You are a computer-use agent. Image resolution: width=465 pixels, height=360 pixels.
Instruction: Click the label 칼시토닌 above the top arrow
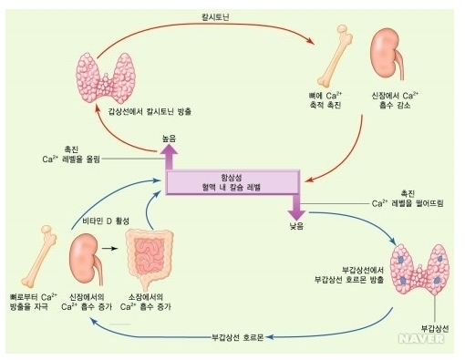(x=216, y=17)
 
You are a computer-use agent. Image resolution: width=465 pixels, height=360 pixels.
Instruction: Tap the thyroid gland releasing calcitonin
(x=106, y=78)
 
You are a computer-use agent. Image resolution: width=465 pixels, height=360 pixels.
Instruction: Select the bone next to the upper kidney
(x=335, y=57)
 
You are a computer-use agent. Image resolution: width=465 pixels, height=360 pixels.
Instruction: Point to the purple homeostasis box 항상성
(x=232, y=182)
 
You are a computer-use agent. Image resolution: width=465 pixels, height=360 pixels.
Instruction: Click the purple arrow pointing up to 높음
(x=169, y=157)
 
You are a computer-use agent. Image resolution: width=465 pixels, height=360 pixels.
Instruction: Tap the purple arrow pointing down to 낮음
(x=296, y=208)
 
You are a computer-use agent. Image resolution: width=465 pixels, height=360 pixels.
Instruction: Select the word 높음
(x=169, y=139)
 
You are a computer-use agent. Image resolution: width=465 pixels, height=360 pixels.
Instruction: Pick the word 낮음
(x=296, y=226)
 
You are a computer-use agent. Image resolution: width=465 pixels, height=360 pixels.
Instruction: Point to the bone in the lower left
(x=38, y=256)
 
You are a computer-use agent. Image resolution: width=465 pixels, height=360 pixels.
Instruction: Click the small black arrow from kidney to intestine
(x=109, y=249)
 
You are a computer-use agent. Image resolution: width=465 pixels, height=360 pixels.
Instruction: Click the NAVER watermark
(x=421, y=339)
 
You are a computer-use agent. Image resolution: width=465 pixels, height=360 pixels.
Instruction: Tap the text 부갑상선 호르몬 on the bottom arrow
(x=238, y=337)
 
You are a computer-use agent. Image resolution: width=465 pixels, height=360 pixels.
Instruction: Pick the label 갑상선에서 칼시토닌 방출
(x=150, y=111)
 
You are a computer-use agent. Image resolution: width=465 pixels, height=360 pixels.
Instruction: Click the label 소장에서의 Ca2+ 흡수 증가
(x=146, y=302)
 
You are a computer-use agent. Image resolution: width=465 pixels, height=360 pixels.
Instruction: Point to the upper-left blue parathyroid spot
(x=401, y=260)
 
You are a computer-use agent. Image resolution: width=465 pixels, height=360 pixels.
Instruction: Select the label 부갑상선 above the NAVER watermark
(x=435, y=328)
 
